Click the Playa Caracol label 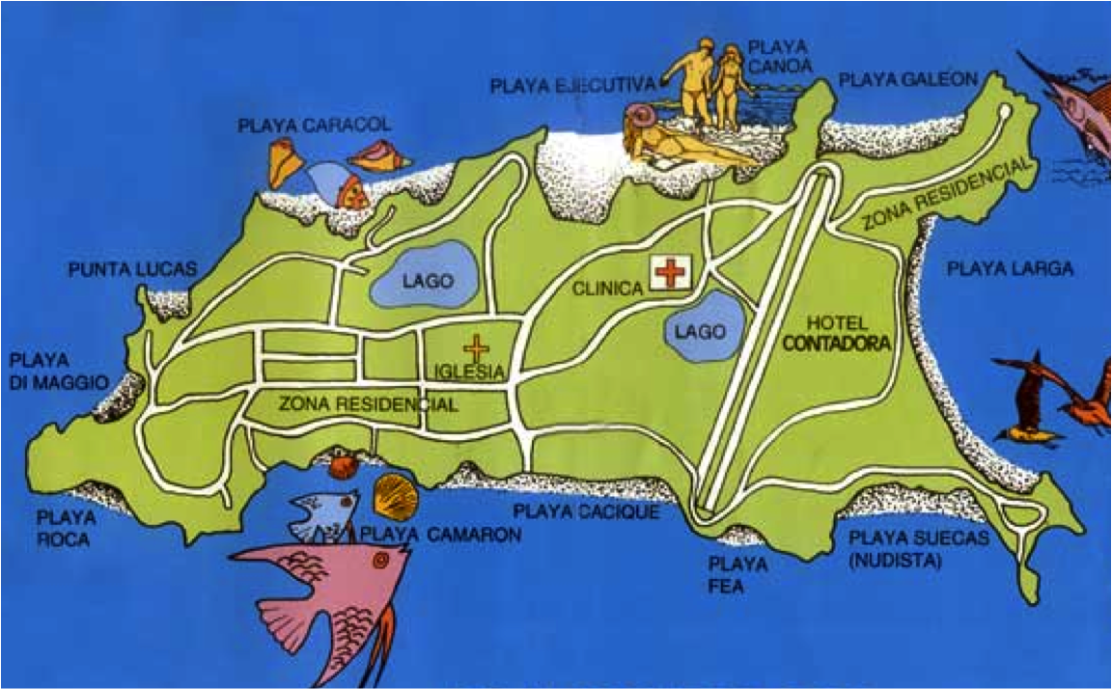point(314,125)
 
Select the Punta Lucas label point(132,268)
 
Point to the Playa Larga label point(1010,269)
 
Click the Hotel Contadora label point(836,332)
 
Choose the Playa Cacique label point(586,511)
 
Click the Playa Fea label point(738,573)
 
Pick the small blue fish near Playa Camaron point(321,512)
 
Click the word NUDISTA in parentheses point(895,558)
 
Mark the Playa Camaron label point(440,535)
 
